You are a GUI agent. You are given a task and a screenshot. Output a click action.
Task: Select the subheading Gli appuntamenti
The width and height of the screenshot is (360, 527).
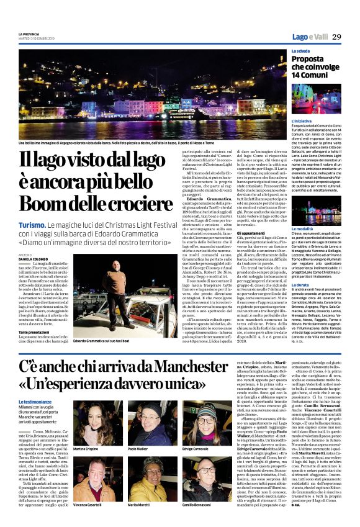(x=236, y=233)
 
